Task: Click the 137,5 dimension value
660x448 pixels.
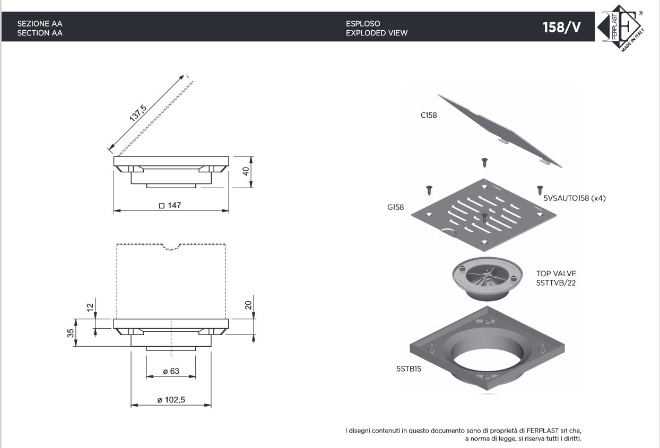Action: pyautogui.click(x=138, y=113)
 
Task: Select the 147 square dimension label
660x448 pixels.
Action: pyautogui.click(x=170, y=205)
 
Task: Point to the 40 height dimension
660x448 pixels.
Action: pyautogui.click(x=246, y=171)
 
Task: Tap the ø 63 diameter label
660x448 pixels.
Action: pyautogui.click(x=171, y=371)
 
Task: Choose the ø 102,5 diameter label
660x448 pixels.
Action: pyautogui.click(x=171, y=399)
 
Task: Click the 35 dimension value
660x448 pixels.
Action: pyautogui.click(x=71, y=333)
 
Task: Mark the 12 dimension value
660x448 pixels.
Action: pyautogui.click(x=90, y=308)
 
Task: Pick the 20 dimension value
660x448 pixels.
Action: pyautogui.click(x=248, y=305)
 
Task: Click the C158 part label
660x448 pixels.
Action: pyautogui.click(x=429, y=115)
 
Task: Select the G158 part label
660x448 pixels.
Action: pyautogui.click(x=395, y=207)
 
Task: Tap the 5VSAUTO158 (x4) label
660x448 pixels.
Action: pyautogui.click(x=575, y=198)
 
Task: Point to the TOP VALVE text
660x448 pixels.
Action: pyautogui.click(x=556, y=274)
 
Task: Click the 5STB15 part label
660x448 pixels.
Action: pyautogui.click(x=409, y=368)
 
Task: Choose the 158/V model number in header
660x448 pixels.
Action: pyautogui.click(x=562, y=27)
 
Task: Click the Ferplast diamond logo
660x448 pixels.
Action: pyautogui.click(x=621, y=28)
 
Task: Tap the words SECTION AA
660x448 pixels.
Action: pyautogui.click(x=40, y=33)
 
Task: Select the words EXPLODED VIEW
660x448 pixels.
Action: pyautogui.click(x=377, y=33)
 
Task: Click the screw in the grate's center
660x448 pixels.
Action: pyautogui.click(x=484, y=217)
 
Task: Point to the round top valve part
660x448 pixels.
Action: pyautogui.click(x=488, y=279)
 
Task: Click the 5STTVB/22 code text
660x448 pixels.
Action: pyautogui.click(x=555, y=283)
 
